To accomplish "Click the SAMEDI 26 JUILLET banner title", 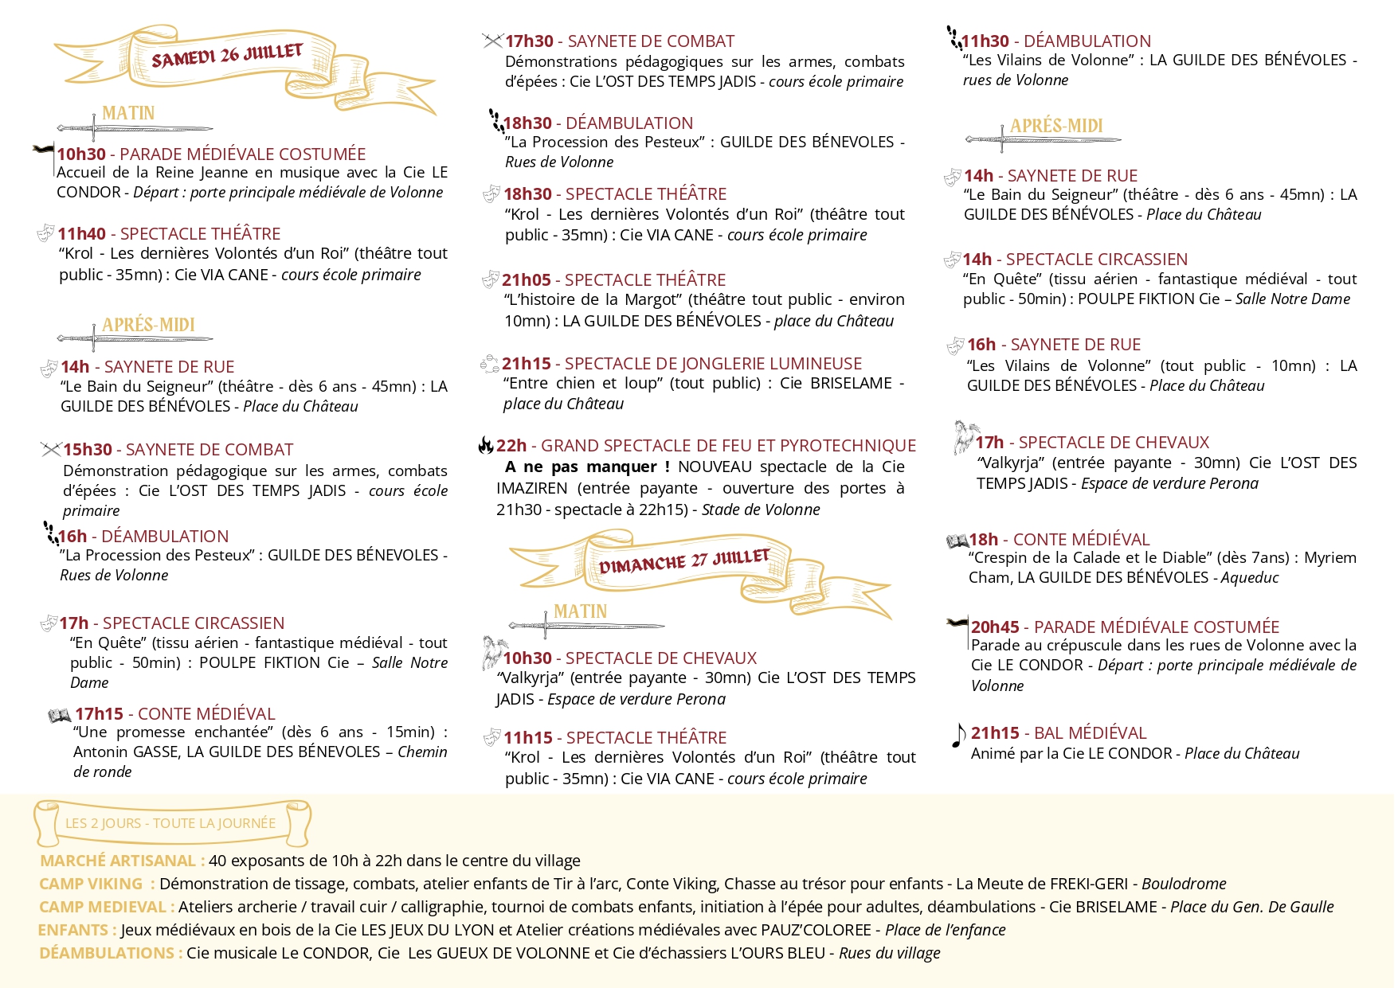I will pyautogui.click(x=227, y=56).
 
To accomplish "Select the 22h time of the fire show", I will pyautogui.click(x=511, y=446).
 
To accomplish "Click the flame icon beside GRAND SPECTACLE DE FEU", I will pyautogui.click(x=485, y=445).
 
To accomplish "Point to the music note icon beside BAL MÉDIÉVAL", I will pyautogui.click(x=958, y=735).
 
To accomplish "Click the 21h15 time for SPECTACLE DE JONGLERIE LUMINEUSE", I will pyautogui.click(x=526, y=364).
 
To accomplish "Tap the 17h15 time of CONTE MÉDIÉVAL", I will pyautogui.click(x=99, y=714).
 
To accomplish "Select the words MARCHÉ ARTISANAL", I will pyautogui.click(x=118, y=861).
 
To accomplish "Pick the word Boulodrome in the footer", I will pyautogui.click(x=1184, y=884).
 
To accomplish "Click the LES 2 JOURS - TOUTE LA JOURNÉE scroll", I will pyautogui.click(x=170, y=823).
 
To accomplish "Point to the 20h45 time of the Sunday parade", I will pyautogui.click(x=995, y=627).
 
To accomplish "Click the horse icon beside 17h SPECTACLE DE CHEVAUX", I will pyautogui.click(x=965, y=437).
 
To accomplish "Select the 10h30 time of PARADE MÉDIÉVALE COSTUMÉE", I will pyautogui.click(x=81, y=154).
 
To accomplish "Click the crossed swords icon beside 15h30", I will pyautogui.click(x=51, y=450).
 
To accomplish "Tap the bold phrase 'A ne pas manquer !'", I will pyautogui.click(x=587, y=467).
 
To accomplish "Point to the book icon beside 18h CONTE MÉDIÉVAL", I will pyautogui.click(x=956, y=541).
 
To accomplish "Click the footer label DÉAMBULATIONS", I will pyautogui.click(x=108, y=953).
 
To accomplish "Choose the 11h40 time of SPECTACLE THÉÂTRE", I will pyautogui.click(x=81, y=234).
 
